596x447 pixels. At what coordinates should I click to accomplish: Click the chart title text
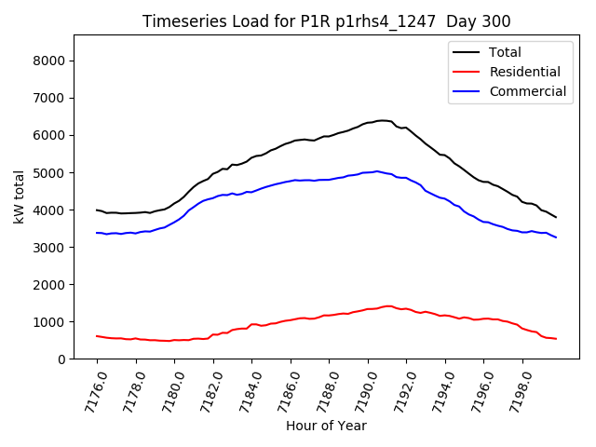click(326, 20)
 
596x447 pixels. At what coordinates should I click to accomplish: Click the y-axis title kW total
click(19, 197)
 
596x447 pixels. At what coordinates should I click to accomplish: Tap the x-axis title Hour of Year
click(326, 426)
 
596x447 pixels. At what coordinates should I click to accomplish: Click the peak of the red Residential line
click(386, 305)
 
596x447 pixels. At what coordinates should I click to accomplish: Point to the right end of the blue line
click(556, 237)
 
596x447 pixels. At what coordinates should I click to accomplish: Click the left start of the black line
click(97, 210)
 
